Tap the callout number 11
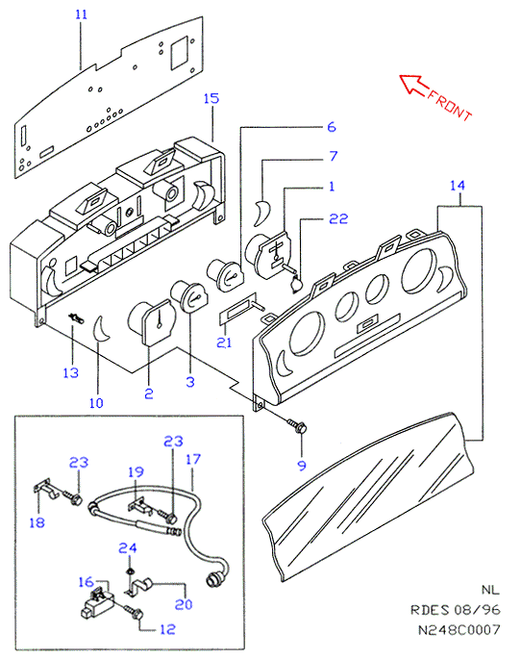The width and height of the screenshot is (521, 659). coord(81,14)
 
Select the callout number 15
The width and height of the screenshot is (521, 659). coord(211,98)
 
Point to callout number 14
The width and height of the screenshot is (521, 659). coord(458,186)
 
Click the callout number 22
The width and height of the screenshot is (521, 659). coord(338,218)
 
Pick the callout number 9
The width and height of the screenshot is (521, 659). coord(302,466)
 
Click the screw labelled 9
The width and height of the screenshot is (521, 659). coord(298,426)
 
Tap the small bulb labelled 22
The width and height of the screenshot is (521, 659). coord(295,284)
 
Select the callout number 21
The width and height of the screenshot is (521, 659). coord(224,342)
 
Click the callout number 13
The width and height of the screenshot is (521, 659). coord(70,372)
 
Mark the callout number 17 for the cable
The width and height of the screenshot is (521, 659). coord(193,459)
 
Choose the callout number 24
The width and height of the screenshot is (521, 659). coord(128,548)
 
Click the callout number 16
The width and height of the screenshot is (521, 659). coord(86,582)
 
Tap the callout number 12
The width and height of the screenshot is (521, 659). coord(167,629)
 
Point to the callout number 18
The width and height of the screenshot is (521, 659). coord(37,522)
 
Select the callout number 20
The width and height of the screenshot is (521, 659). coord(184,604)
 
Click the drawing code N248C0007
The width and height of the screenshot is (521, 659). coord(459,629)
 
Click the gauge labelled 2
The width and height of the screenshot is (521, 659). coord(152,321)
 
